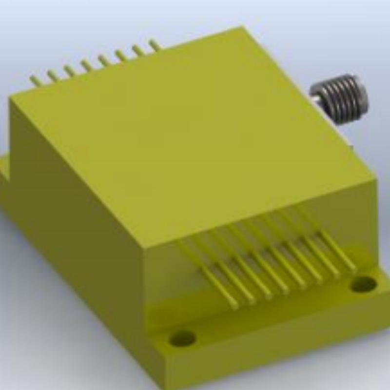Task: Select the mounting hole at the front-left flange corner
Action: click(x=182, y=337)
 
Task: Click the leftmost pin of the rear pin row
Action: click(x=35, y=80)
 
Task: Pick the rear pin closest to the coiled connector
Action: click(x=155, y=45)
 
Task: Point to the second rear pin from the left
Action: click(x=53, y=75)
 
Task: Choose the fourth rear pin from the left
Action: click(x=87, y=65)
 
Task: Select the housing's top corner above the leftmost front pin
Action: click(x=146, y=246)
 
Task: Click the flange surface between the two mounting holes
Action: click(x=273, y=317)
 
